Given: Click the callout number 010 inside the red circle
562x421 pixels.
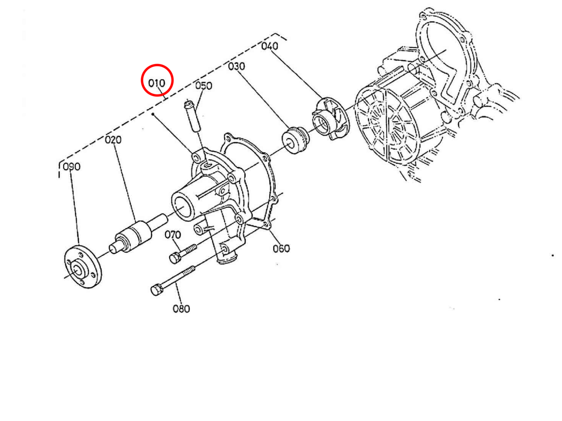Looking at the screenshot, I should point(157,83).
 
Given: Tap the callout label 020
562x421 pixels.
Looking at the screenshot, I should point(113,139).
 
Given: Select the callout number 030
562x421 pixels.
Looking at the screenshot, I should point(237,67).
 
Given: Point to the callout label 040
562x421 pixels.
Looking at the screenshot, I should point(270,46).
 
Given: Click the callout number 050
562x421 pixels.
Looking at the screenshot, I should point(204,86).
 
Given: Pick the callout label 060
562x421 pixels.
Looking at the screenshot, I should point(281,248).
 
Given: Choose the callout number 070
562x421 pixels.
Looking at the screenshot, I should point(173,234).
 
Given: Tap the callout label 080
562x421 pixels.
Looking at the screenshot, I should point(181,309).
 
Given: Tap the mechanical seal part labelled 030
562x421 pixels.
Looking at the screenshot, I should point(294,140).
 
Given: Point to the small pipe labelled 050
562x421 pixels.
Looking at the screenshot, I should point(192,117).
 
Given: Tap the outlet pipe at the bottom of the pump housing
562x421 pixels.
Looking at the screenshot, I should point(227,255).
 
